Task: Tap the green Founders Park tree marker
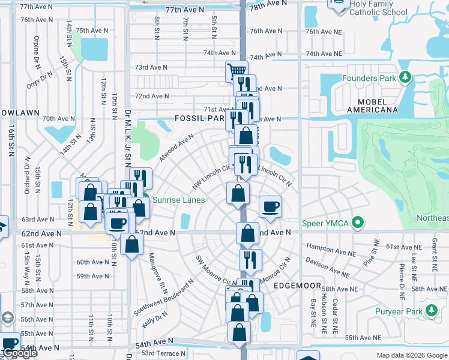coord(406,78)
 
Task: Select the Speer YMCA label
coord(327,223)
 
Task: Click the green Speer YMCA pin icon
coord(358,223)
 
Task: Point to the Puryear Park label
coord(397,311)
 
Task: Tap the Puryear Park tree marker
coord(430,310)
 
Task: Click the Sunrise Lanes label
coord(178,200)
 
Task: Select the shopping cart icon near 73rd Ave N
coord(237,71)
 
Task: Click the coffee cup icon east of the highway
coord(270,206)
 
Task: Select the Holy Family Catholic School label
coord(378,8)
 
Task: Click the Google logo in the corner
coord(20,353)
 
